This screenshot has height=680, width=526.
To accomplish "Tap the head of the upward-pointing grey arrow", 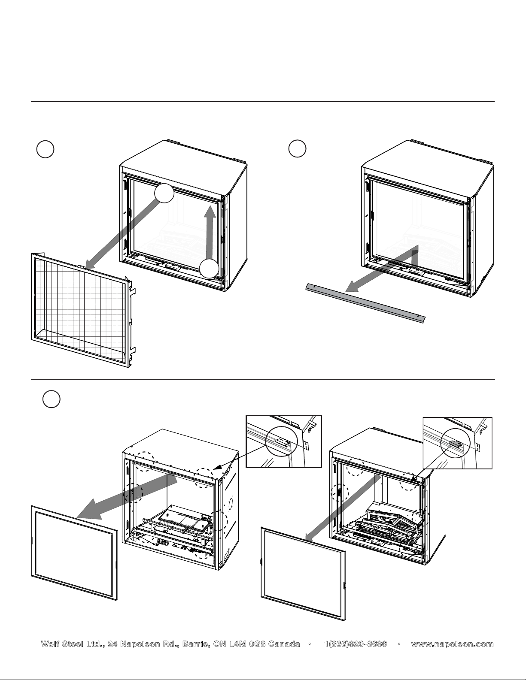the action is pyautogui.click(x=210, y=211).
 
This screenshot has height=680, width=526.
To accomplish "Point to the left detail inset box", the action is pyautogui.click(x=284, y=441).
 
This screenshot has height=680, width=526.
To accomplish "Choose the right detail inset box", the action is pyautogui.click(x=457, y=443).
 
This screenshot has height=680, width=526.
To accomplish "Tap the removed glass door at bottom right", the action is pyautogui.click(x=304, y=574).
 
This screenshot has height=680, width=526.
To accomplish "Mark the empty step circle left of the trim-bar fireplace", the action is pyautogui.click(x=297, y=149).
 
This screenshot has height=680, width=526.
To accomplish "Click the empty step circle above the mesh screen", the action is pyautogui.click(x=45, y=149).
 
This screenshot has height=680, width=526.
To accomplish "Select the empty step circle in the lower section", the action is pyautogui.click(x=51, y=399).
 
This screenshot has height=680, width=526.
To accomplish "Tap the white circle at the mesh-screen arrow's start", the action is pyautogui.click(x=164, y=193).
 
